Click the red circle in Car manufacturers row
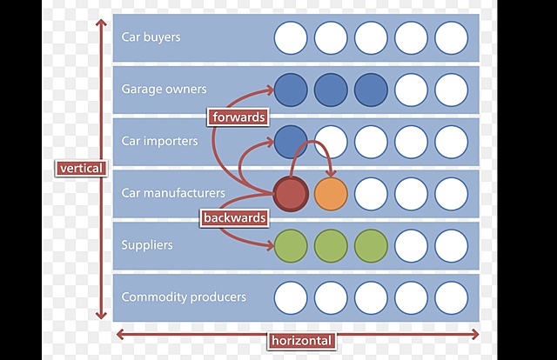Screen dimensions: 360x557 coord(291,193)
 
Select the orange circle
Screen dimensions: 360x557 coord(331,193)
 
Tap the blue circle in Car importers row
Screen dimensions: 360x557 coord(291,141)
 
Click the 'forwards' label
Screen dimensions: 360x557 coord(237,116)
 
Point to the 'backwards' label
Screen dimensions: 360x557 coord(233,217)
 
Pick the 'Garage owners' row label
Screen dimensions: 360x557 coord(165,89)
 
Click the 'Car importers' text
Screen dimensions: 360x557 coord(159,141)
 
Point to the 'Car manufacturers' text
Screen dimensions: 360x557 coord(173,193)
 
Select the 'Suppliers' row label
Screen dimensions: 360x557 coord(147,245)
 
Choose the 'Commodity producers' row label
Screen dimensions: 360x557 coord(184,297)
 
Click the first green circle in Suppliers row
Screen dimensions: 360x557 coord(291,245)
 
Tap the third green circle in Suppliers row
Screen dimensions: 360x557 coord(371,245)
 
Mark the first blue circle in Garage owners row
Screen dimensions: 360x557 coord(291,89)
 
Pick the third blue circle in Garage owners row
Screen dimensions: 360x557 coord(371,89)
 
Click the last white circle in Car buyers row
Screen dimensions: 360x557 coord(451,37)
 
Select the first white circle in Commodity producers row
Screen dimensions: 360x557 coord(291,297)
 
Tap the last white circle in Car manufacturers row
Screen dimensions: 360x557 coord(451,193)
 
